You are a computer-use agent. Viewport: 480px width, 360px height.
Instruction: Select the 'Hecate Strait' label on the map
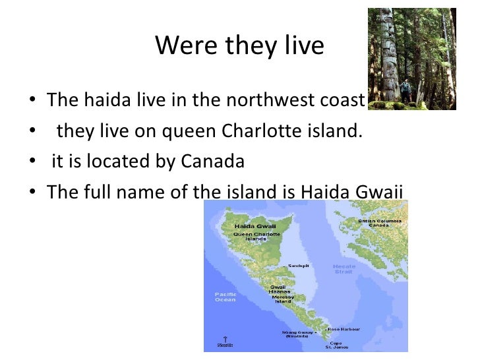(343, 268)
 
